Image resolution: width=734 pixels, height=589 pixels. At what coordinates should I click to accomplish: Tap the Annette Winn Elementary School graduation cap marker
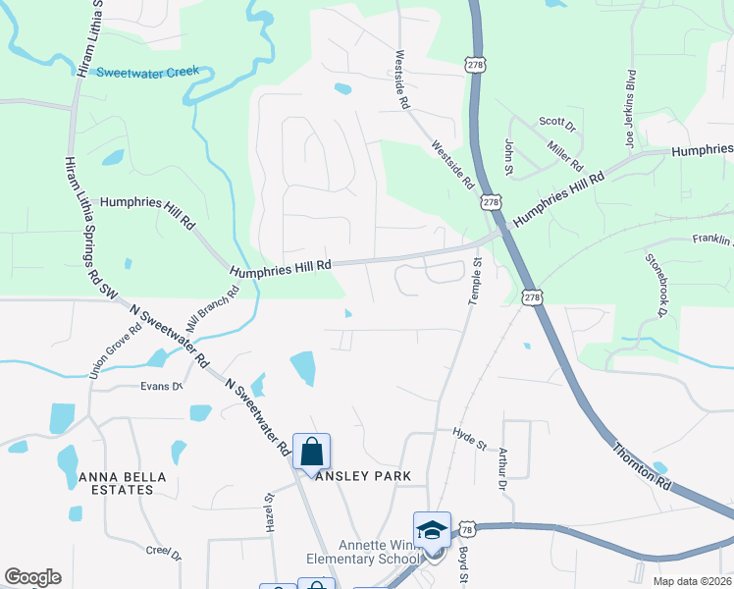click(432, 530)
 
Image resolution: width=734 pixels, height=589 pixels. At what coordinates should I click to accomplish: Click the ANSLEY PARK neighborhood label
click(362, 476)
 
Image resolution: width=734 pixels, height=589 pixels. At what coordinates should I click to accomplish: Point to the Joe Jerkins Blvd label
click(632, 107)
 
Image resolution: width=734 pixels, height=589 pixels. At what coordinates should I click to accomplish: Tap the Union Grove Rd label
click(109, 350)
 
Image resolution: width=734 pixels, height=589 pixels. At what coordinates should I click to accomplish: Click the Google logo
click(32, 577)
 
